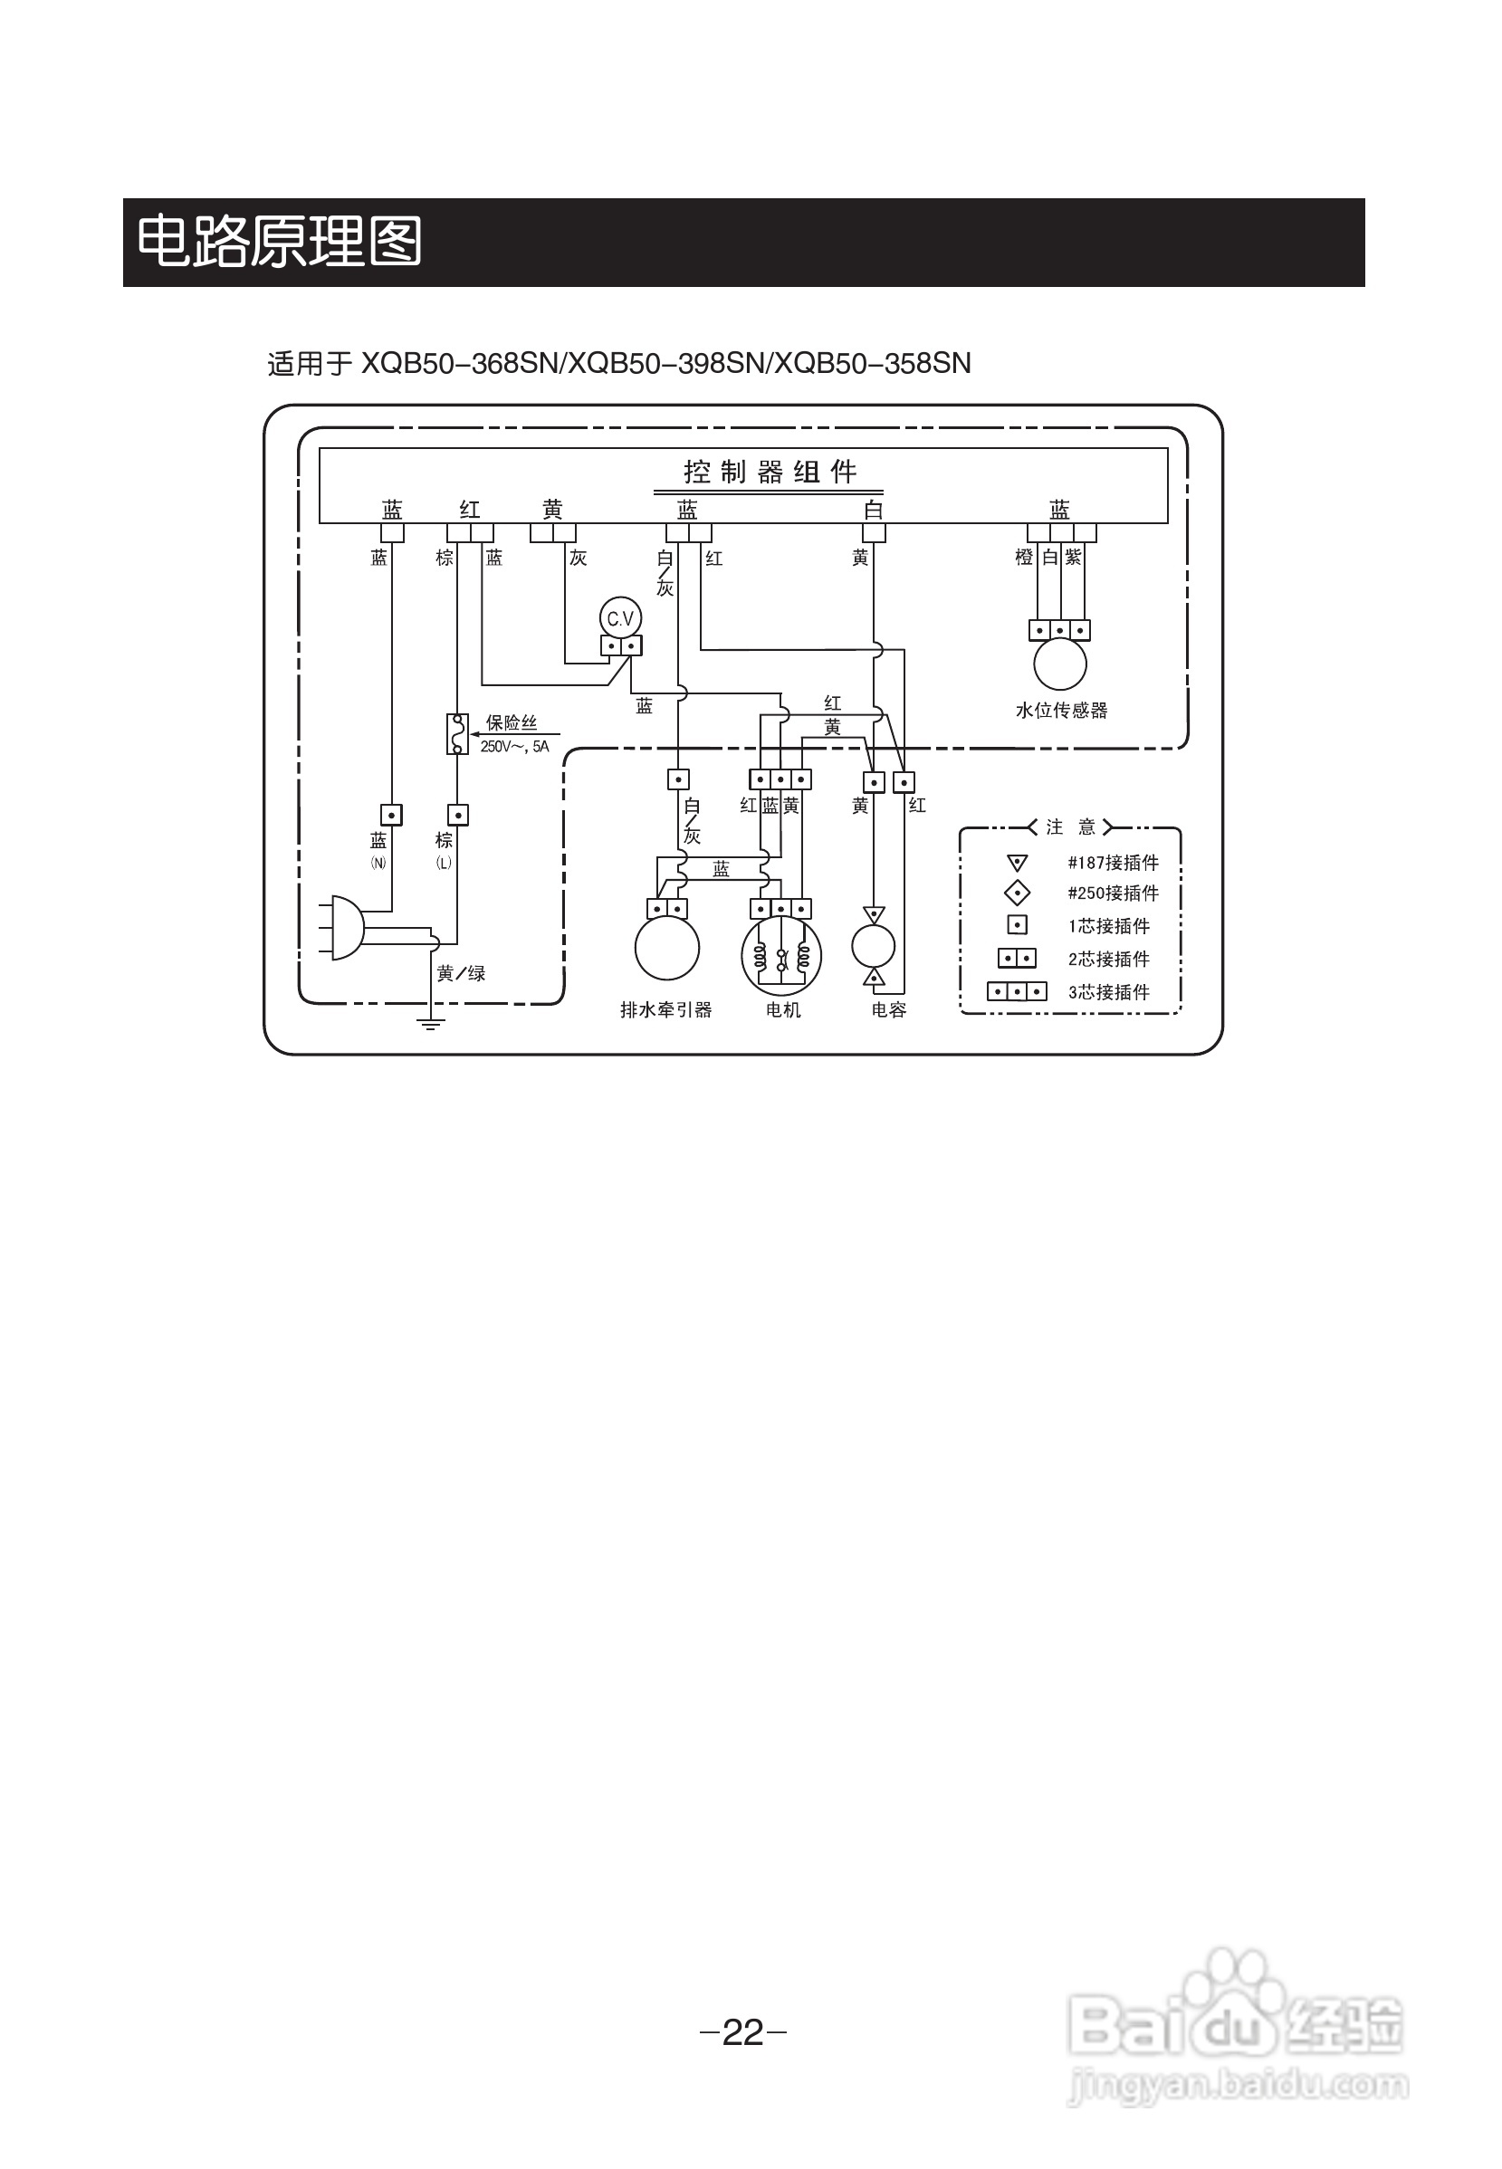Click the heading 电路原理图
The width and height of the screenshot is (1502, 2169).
click(280, 242)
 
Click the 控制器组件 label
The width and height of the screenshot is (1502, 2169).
click(769, 472)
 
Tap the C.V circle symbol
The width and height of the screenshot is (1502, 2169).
click(620, 618)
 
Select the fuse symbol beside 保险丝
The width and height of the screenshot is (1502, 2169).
click(457, 734)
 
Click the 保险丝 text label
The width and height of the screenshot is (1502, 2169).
click(511, 722)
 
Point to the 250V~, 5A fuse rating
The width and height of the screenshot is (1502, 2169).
click(514, 747)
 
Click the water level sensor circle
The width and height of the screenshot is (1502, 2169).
click(1059, 664)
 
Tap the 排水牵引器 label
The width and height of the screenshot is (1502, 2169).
click(665, 1009)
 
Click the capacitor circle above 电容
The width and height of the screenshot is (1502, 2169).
click(874, 947)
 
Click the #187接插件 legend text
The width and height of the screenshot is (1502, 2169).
click(1113, 863)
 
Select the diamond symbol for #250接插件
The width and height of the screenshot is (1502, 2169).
click(1018, 893)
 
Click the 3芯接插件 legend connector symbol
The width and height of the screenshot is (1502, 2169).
click(1017, 992)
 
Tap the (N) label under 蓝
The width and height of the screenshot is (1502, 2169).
click(378, 862)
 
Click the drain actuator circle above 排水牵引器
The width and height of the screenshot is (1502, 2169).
click(667, 949)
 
